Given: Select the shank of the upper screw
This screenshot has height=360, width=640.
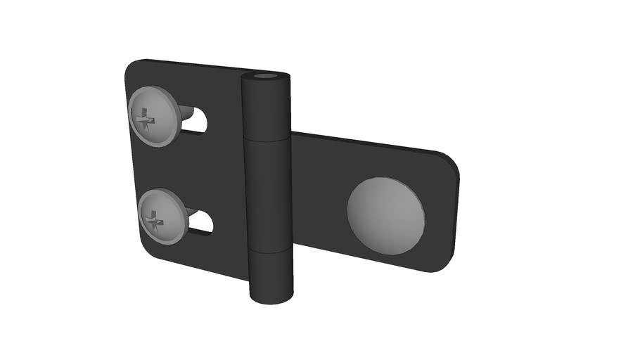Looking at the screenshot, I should (x=186, y=112).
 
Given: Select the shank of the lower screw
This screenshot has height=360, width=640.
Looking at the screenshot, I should (x=192, y=212).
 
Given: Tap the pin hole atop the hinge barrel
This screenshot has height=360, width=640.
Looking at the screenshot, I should (x=265, y=76).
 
